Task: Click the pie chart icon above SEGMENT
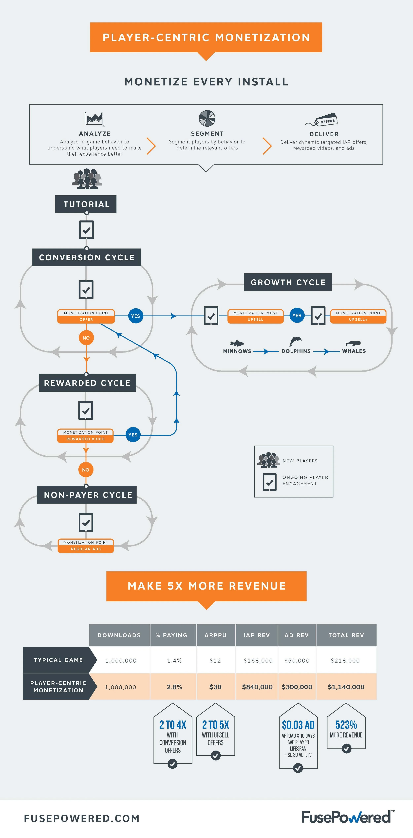207,118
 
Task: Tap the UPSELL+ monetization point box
358,316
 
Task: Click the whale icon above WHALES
353,343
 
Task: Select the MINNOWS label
237,351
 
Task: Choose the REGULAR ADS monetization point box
86,546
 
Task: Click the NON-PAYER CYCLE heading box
87,495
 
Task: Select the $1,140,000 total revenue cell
346,687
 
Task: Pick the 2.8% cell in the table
174,687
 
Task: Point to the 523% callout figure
346,725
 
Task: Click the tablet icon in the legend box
269,482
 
